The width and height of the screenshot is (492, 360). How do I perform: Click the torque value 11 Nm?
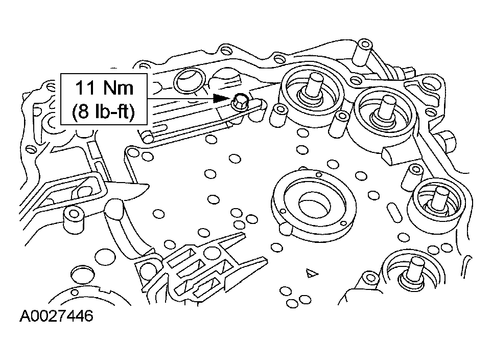(x=104, y=88)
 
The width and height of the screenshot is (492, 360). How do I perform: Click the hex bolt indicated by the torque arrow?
(x=241, y=101)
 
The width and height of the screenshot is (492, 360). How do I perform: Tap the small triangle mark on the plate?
(x=309, y=274)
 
